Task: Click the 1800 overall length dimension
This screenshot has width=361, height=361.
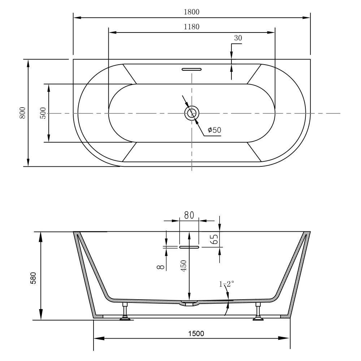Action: pos(191,12)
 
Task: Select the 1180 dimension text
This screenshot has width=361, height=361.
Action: pos(191,27)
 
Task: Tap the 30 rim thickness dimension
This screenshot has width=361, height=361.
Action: pos(238,38)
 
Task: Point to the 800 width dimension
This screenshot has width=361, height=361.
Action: pos(22,113)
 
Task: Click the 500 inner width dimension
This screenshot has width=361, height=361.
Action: pos(43,113)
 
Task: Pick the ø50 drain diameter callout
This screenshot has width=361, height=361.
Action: pos(214,130)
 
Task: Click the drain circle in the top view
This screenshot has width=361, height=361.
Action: pos(192,113)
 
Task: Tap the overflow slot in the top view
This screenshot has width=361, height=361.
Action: pos(192,69)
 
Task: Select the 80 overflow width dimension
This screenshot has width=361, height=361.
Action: pos(189,215)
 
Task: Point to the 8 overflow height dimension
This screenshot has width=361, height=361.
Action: pos(161,267)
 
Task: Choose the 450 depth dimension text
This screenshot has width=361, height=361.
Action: pos(184,266)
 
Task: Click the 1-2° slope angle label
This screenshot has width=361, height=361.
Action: pos(226,284)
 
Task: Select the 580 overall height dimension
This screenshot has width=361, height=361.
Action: pos(34,278)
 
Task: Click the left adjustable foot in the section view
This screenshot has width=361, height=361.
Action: pos(125,312)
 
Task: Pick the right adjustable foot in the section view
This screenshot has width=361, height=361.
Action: pos(258,312)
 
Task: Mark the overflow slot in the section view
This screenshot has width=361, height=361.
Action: pos(189,247)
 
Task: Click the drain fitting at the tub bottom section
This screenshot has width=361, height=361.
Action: pos(189,303)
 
